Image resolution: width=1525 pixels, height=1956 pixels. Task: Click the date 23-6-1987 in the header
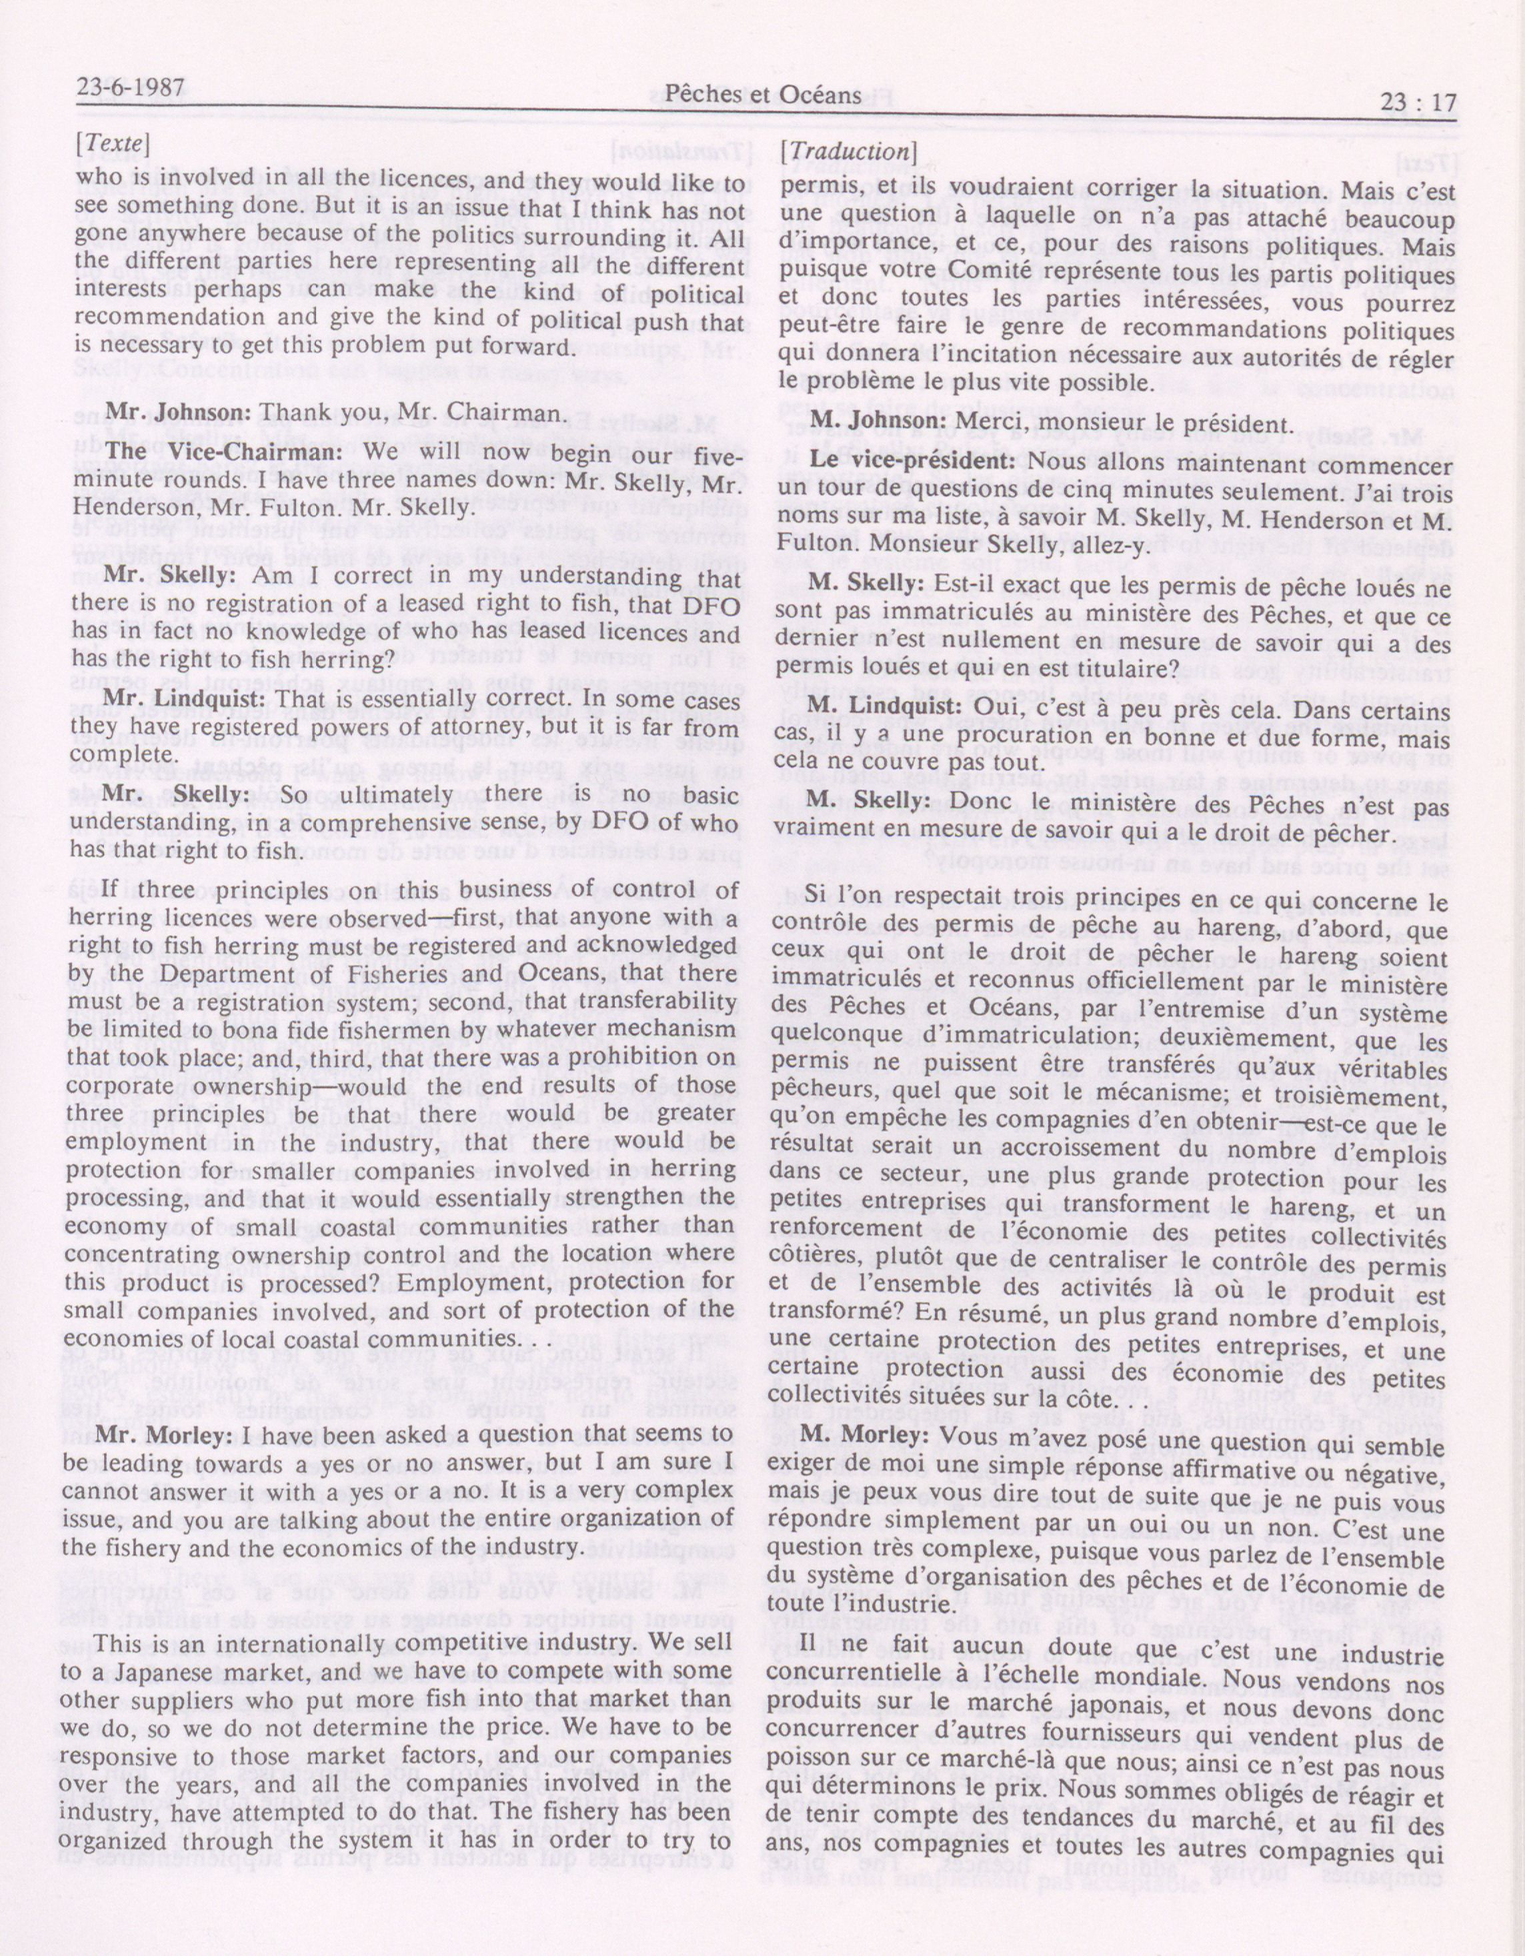[131, 89]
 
